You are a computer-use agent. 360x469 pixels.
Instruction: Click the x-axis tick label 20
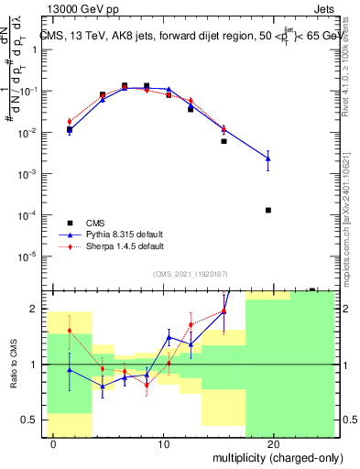point(273,443)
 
